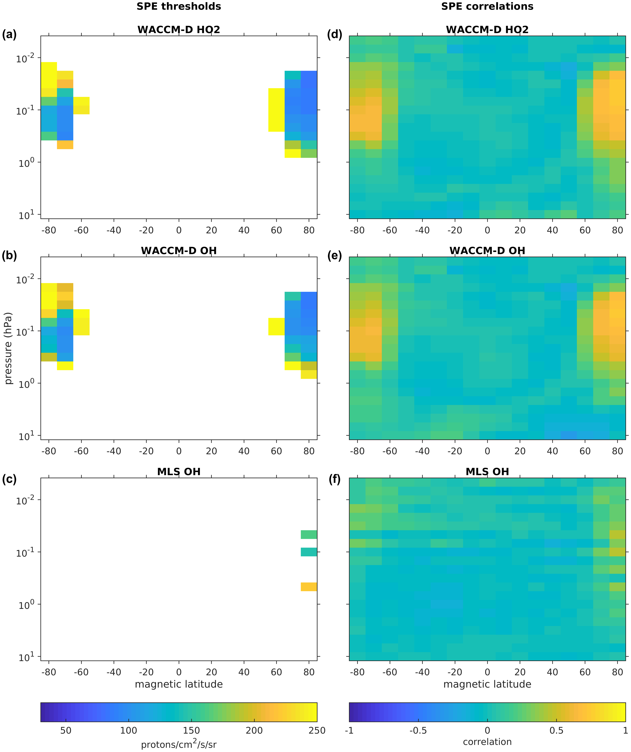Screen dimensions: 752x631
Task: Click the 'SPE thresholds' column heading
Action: click(179, 6)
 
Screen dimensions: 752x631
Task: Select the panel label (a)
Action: click(9, 35)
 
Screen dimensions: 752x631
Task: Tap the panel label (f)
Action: click(334, 480)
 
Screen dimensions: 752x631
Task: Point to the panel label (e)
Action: click(334, 256)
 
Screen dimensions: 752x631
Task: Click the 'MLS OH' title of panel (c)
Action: click(179, 472)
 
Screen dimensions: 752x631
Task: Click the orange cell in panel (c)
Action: click(309, 587)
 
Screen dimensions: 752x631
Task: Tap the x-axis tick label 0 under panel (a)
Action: click(179, 230)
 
